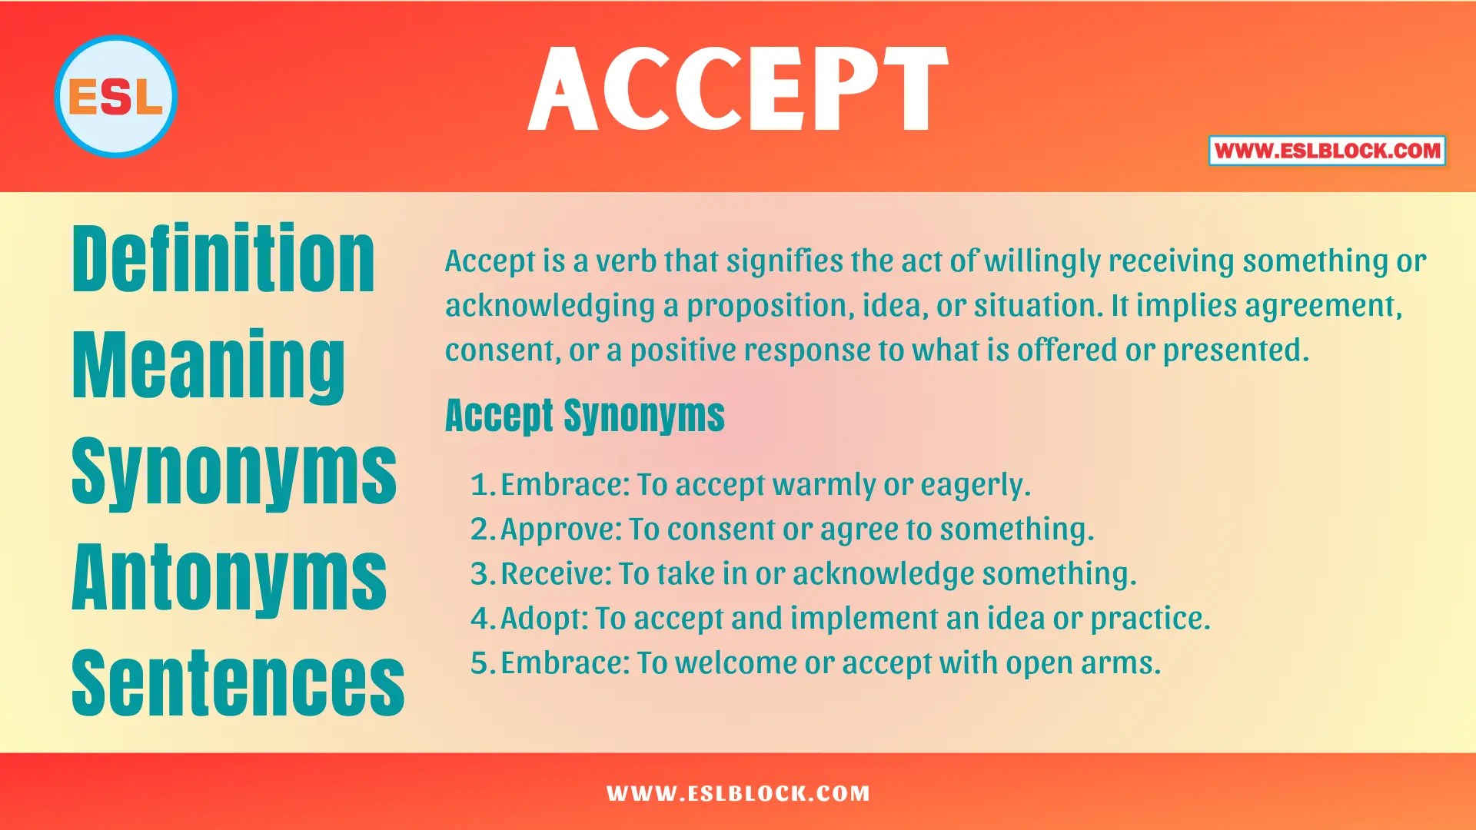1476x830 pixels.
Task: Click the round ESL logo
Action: pos(116,97)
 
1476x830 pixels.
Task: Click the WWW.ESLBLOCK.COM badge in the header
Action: pos(1327,151)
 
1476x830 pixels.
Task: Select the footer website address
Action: pos(738,793)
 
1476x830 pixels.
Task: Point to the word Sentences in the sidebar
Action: pos(238,682)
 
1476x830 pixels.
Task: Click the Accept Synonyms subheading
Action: pos(585,417)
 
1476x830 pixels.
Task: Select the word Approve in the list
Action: pos(559,530)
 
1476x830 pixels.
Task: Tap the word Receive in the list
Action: pos(554,574)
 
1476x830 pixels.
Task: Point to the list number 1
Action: pos(480,485)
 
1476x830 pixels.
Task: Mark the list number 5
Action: pos(480,663)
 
